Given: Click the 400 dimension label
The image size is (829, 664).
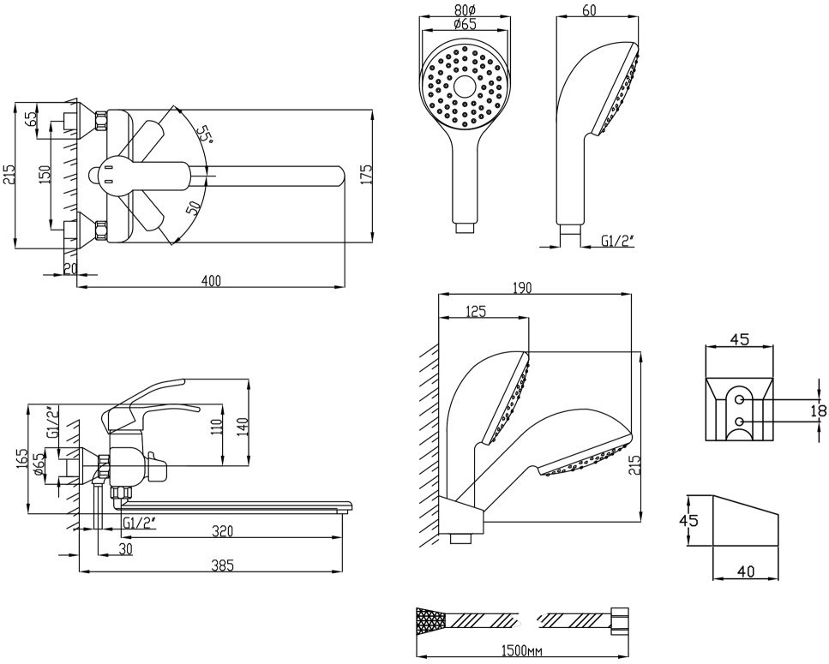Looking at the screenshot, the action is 212,280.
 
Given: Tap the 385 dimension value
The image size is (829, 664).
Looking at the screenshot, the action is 222,565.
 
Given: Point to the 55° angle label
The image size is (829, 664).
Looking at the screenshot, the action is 204,135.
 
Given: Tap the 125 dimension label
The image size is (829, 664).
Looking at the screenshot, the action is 475,311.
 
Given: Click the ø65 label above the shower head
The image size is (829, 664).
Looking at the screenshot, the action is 465,24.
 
